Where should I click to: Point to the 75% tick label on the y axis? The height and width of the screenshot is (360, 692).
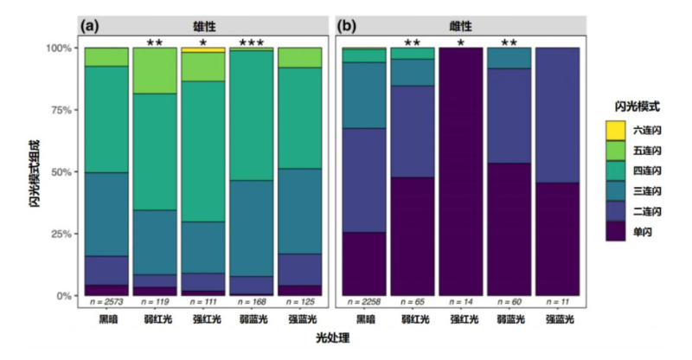coord(63,110)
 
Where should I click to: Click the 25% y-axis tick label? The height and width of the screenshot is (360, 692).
coord(63,234)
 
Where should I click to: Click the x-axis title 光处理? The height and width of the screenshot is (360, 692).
coord(332,341)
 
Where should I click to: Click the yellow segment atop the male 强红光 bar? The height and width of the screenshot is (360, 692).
coord(203,50)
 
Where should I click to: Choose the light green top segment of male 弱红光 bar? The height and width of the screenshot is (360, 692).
coord(155,70)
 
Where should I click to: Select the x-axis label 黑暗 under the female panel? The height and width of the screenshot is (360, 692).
coord(363,319)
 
